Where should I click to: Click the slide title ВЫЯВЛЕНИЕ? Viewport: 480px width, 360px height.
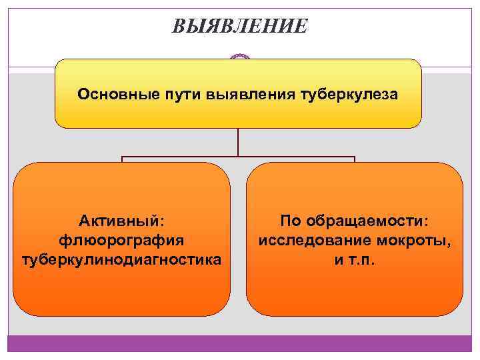(x=240, y=27)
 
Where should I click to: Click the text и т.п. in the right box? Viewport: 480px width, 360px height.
(x=355, y=258)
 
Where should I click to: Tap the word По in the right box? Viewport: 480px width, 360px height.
(x=291, y=219)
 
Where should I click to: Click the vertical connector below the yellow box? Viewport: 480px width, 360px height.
(x=238, y=142)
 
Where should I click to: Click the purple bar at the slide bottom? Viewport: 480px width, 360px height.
(x=240, y=343)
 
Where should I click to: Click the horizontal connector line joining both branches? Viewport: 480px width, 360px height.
(x=238, y=158)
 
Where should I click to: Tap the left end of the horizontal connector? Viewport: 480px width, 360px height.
(x=122, y=159)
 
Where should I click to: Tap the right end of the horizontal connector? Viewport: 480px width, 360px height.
(x=354, y=159)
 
